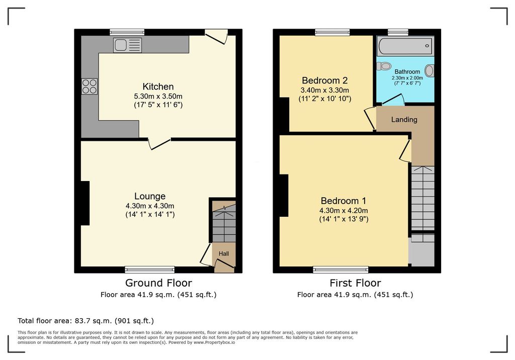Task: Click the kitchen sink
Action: point(127,45)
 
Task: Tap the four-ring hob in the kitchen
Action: point(90,86)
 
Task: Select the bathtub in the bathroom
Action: point(405,46)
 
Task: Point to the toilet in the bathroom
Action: point(383,66)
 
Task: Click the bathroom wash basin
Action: point(430,70)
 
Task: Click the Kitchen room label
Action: point(158,86)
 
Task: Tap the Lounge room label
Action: point(150,196)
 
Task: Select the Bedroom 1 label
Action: point(343,201)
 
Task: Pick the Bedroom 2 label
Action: point(324,80)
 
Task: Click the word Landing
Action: point(404,120)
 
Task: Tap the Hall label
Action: point(224,253)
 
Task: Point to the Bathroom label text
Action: point(407,71)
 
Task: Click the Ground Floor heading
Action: point(158,283)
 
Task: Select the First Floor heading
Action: point(356,283)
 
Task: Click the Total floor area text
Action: point(85,321)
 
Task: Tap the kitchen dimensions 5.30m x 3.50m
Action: point(158,97)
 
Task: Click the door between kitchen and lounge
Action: point(159,143)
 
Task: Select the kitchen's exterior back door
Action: point(216,36)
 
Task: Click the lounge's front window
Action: point(150,269)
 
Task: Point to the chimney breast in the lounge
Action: point(85,203)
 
